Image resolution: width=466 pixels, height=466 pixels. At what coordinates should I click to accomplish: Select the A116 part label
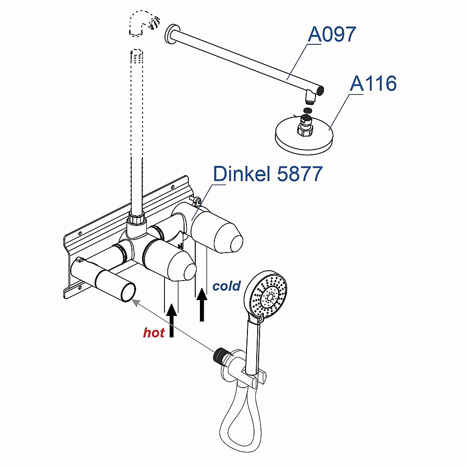coord(373,84)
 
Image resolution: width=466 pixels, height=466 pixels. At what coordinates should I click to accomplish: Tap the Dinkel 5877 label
coord(267,174)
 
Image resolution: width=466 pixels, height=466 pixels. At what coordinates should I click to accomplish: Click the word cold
coord(226,286)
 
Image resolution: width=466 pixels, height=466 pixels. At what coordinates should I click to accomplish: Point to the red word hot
coord(154,333)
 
